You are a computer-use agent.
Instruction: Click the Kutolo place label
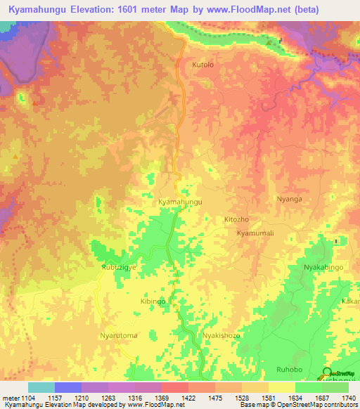[x=203, y=64]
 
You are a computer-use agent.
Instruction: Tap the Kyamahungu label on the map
[x=181, y=202]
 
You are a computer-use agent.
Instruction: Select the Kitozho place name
[x=236, y=219]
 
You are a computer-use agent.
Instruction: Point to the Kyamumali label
[x=254, y=233]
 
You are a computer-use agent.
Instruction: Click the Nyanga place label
[x=289, y=199]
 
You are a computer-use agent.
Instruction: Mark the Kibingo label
[x=153, y=301]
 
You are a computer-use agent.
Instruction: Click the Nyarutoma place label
[x=119, y=336]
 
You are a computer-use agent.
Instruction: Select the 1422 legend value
[x=188, y=398]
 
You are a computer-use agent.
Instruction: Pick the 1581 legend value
[x=269, y=398]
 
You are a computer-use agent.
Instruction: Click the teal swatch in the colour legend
[x=41, y=387]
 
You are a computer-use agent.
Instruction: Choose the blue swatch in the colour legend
[x=68, y=387]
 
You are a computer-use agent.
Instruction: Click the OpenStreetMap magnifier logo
[x=326, y=372]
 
